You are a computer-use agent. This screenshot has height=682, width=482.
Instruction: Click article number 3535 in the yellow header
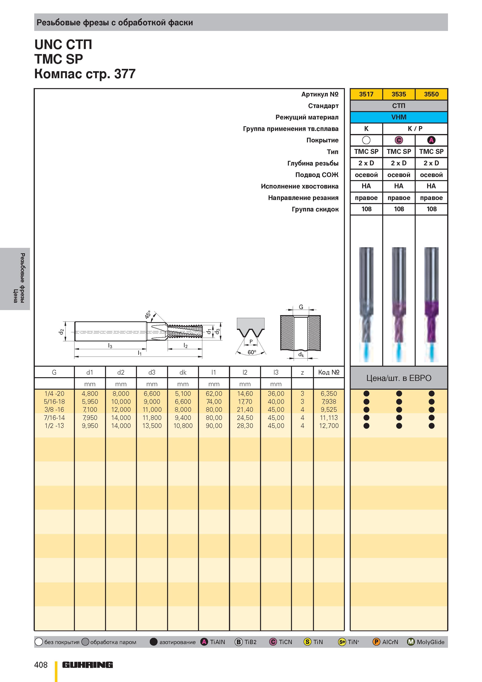point(399,94)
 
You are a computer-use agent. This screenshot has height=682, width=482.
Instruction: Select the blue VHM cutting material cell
point(399,117)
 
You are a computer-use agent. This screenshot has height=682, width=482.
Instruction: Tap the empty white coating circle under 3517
point(366,140)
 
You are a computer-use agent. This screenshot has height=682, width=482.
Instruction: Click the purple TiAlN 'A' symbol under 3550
point(431,140)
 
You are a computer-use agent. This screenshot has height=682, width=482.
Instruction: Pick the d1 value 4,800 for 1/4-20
point(90,394)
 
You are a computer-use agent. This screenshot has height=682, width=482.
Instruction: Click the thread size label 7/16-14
point(54,418)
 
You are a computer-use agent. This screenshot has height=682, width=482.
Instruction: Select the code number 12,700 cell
point(329,426)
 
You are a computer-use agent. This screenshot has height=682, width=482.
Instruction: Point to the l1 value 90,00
point(214,426)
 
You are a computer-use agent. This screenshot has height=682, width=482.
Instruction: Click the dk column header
point(183,372)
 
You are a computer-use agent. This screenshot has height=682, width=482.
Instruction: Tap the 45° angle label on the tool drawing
point(148,315)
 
